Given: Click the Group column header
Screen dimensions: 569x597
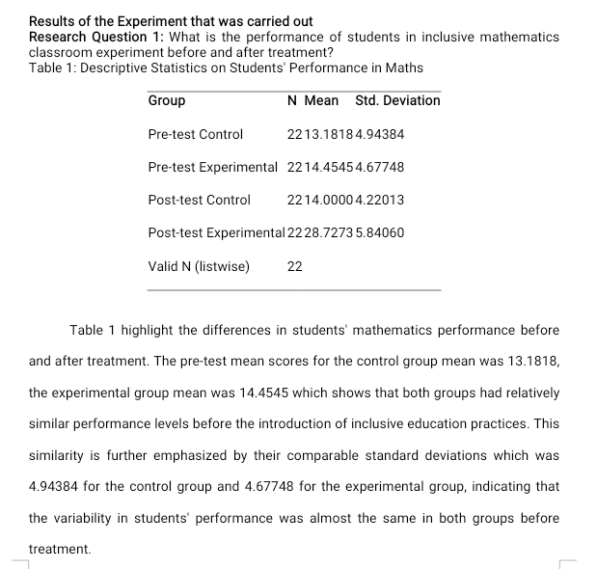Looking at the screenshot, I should pyautogui.click(x=167, y=100).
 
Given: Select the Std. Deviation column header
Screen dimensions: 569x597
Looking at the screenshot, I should pyautogui.click(x=397, y=100).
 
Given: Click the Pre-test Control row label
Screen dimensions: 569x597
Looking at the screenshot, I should pyautogui.click(x=196, y=134).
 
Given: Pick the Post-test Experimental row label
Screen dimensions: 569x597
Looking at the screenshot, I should pyautogui.click(x=217, y=233).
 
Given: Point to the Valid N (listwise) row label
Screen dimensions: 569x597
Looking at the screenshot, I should pyautogui.click(x=199, y=266).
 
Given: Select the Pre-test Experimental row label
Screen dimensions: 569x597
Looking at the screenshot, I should pyautogui.click(x=212, y=167).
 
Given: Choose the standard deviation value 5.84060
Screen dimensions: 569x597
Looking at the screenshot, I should pyautogui.click(x=380, y=233).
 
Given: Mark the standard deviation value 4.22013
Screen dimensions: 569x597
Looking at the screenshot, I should pyautogui.click(x=380, y=201).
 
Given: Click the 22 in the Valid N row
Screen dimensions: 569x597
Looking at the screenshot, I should pyautogui.click(x=295, y=266).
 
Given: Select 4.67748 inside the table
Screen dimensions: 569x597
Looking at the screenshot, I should pyautogui.click(x=380, y=167).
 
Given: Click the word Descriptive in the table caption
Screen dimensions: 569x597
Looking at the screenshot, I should pyautogui.click(x=115, y=68).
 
